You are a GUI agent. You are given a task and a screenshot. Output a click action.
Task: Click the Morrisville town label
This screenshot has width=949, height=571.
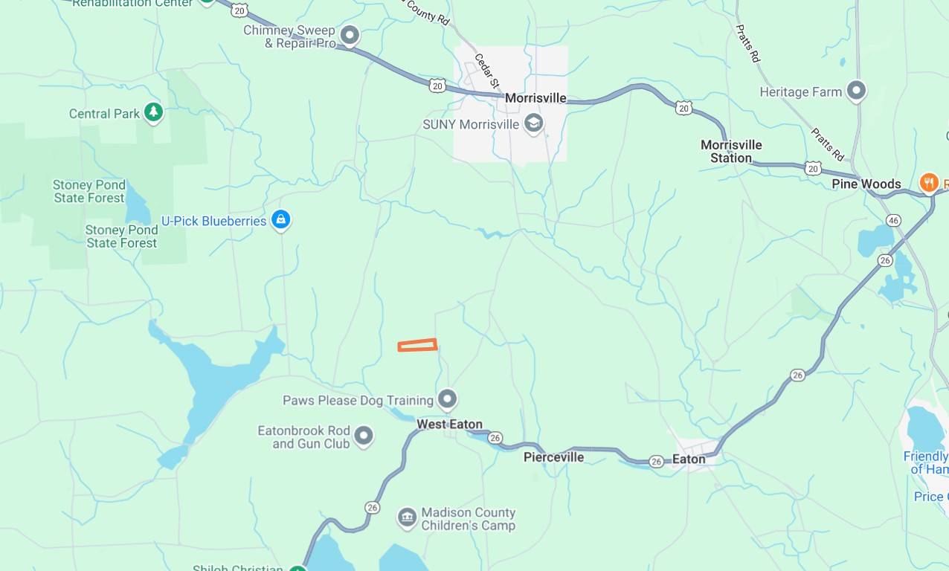[x=535, y=98]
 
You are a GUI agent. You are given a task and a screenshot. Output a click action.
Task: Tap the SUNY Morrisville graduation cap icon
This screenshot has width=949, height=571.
[x=533, y=123]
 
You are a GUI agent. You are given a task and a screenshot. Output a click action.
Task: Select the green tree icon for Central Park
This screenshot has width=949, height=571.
[x=153, y=112]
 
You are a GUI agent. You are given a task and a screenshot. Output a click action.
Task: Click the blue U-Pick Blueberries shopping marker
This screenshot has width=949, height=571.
[x=280, y=219]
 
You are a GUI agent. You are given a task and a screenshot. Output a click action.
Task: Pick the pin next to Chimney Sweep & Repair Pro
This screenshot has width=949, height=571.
[x=349, y=35]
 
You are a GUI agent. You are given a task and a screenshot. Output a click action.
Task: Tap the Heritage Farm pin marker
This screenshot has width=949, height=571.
[x=857, y=91]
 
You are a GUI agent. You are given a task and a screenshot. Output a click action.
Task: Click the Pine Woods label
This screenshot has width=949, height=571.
[x=866, y=184]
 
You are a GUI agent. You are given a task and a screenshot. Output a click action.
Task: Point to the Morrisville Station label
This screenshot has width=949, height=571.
[x=731, y=151]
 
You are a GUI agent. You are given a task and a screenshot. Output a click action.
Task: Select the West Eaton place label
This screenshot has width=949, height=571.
[x=449, y=424]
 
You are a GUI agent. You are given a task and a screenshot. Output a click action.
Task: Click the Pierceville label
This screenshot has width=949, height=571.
[x=553, y=457]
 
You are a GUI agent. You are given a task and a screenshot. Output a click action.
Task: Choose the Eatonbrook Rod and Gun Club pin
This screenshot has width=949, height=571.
[x=363, y=435]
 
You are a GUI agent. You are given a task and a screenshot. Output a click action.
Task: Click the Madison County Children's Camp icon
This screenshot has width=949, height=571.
[x=407, y=517]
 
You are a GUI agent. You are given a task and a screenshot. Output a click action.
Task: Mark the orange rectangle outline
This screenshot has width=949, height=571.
[x=417, y=345]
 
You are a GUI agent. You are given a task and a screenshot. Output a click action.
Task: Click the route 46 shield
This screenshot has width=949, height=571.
[x=894, y=220]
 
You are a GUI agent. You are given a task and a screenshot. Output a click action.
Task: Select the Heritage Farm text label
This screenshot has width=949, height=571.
[x=800, y=92]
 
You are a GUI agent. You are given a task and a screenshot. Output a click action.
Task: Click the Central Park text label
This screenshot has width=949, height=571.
[x=104, y=114]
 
